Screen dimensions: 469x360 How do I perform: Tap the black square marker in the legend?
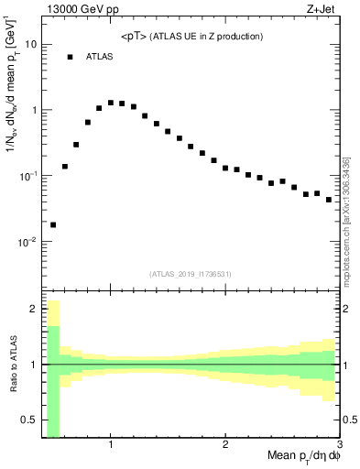pos(70,57)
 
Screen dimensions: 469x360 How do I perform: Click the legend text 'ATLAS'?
pos(101,57)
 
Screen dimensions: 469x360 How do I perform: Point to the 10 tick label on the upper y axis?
pos(30,44)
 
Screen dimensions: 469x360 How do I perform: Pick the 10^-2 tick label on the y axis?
pos(27,242)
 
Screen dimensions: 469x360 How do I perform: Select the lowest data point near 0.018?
pos(53,224)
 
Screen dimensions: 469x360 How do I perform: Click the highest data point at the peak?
pos(111,103)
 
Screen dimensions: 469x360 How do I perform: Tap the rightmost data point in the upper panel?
pos(329,199)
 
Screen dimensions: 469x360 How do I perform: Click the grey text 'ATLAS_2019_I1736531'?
pos(191,273)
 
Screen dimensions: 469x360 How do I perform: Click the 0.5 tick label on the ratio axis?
pos(28,420)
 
